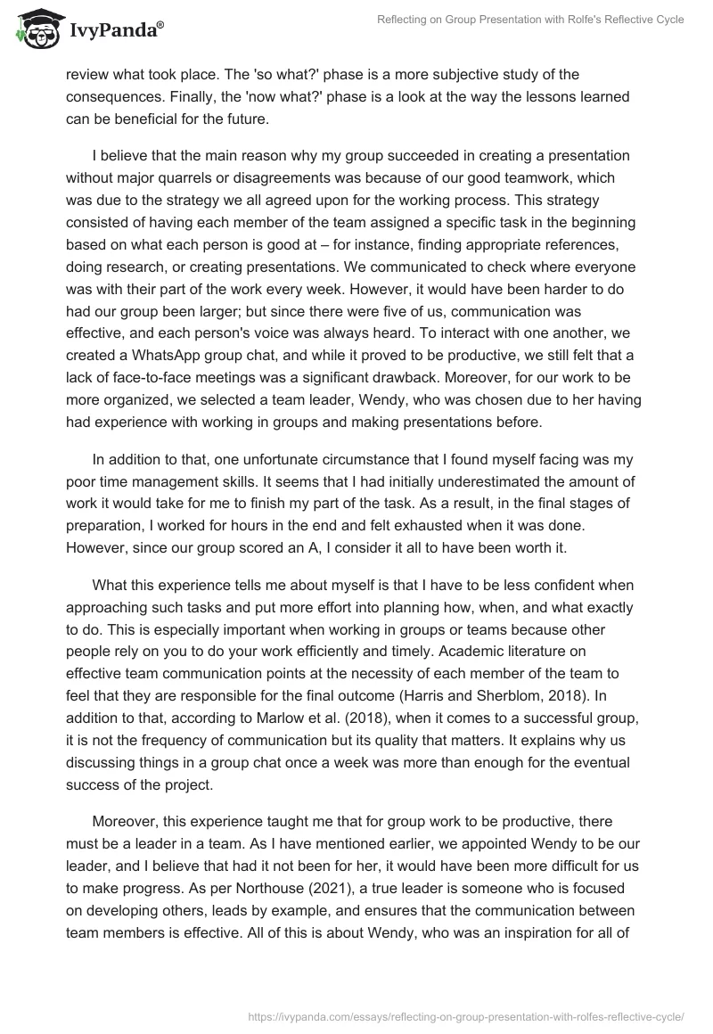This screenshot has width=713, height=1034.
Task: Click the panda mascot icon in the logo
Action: tap(35, 29)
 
